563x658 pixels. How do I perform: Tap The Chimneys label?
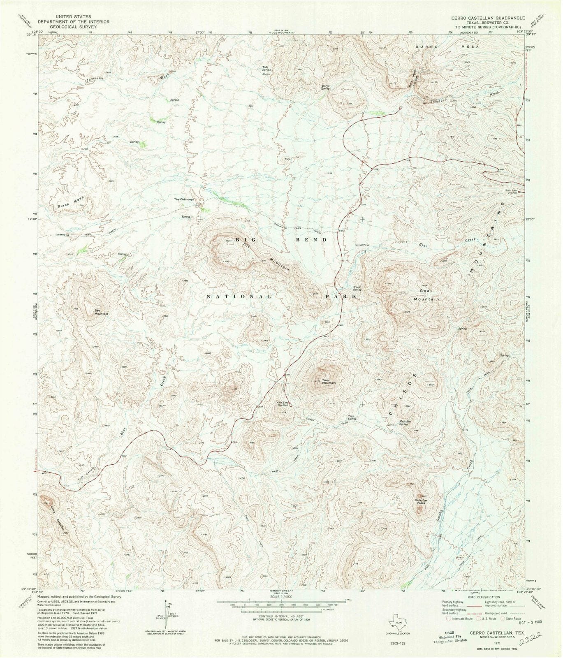click(x=184, y=199)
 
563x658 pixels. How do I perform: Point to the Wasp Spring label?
click(x=356, y=288)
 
